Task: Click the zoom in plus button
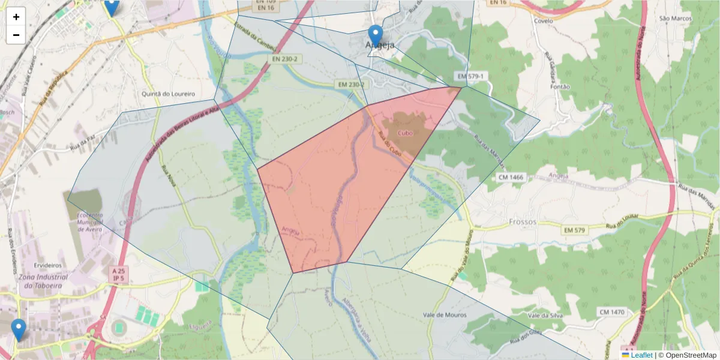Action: pos(16,17)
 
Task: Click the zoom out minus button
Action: pos(16,35)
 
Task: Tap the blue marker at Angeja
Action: pos(376,36)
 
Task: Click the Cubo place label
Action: pos(405,133)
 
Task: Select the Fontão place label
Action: pos(560,86)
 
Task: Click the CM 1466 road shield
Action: pos(511,178)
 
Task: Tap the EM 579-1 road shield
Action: pos(470,76)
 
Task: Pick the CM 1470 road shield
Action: pos(611,313)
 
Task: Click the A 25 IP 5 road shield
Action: pos(118,275)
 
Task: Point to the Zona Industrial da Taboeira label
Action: pos(43,281)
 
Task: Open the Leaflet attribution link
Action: pos(641,355)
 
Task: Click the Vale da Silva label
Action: pos(544,315)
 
